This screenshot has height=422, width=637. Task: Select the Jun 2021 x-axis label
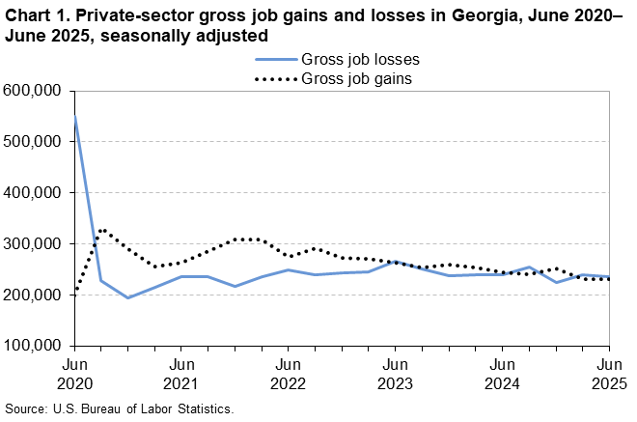(x=181, y=374)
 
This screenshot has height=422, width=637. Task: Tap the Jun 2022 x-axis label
(x=288, y=374)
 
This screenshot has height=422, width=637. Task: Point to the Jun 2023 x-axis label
(x=395, y=374)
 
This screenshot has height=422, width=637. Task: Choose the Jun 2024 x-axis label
(x=502, y=374)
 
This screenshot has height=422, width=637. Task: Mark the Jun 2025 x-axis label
(x=608, y=374)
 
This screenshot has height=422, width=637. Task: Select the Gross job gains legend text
(x=358, y=78)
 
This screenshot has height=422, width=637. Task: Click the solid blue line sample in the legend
(x=274, y=59)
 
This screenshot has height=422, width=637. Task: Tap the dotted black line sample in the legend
(x=274, y=78)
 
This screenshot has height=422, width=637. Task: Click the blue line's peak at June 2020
(x=74, y=116)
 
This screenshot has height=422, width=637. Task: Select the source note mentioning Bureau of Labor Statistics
(x=120, y=409)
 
